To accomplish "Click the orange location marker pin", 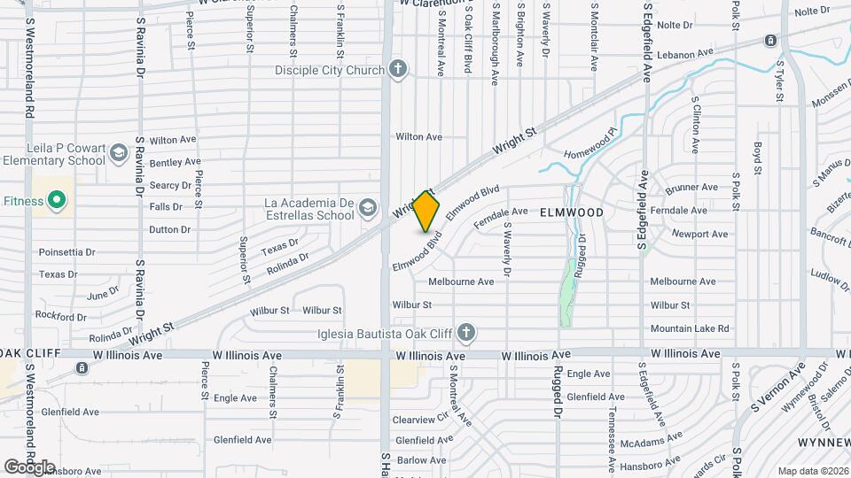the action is [x=426, y=211].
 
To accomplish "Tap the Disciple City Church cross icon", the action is [x=398, y=69].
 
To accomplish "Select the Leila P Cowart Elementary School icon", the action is [x=118, y=154].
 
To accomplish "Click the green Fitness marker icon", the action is [x=58, y=201].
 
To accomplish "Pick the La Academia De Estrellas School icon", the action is [x=367, y=209].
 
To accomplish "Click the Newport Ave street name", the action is [x=699, y=235].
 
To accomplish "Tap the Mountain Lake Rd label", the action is [x=690, y=328].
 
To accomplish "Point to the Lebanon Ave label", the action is [x=685, y=54].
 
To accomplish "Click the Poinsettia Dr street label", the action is [x=66, y=251].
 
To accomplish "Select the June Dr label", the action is [x=103, y=293].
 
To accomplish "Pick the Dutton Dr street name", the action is [x=170, y=229].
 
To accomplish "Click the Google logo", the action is [x=29, y=466].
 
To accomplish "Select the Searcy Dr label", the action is [x=170, y=185].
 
